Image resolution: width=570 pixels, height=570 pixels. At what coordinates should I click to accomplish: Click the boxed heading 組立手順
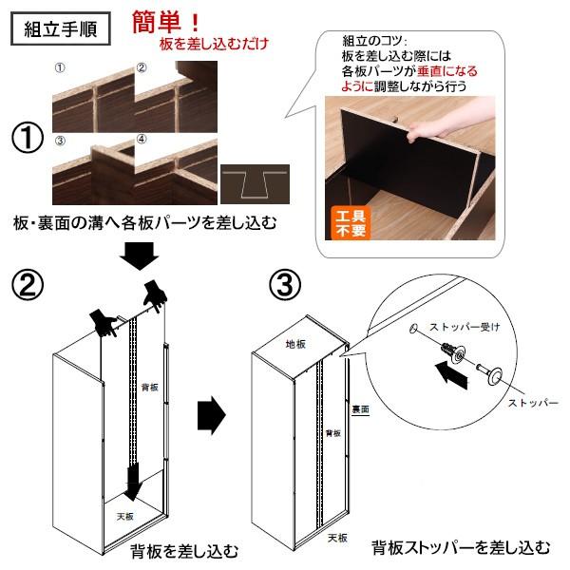click(x=61, y=28)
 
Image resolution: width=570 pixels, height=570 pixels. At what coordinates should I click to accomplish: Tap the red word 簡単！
click(x=165, y=22)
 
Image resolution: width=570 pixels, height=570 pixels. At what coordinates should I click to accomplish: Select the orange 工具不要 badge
click(x=350, y=223)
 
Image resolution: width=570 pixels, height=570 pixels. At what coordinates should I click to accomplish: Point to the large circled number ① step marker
click(x=28, y=139)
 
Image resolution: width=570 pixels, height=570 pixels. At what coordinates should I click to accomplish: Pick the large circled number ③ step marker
click(x=285, y=285)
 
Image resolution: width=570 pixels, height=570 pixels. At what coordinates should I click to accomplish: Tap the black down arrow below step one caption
click(x=140, y=256)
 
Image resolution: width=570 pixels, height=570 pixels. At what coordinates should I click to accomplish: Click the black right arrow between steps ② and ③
click(x=212, y=415)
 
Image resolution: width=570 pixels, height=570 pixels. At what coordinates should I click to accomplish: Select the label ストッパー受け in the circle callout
click(x=465, y=327)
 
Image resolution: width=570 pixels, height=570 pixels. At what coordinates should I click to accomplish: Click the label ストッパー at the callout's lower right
click(x=533, y=403)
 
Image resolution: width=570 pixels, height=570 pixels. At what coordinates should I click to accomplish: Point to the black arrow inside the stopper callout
click(x=450, y=375)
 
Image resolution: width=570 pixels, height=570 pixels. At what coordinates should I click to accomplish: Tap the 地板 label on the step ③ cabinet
click(x=295, y=344)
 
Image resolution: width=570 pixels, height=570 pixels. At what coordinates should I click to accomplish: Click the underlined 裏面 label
click(x=360, y=409)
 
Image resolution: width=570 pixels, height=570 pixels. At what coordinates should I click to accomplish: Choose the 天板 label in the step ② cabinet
click(x=125, y=516)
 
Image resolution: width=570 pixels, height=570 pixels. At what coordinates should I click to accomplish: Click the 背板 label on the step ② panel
click(x=150, y=388)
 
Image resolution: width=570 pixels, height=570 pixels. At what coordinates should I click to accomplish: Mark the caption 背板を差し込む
click(x=184, y=551)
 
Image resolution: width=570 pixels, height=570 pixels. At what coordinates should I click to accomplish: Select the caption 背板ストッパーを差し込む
click(x=460, y=547)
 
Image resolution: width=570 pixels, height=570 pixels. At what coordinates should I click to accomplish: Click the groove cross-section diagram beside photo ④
click(x=255, y=184)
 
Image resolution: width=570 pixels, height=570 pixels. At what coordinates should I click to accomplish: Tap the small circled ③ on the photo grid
click(x=60, y=141)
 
